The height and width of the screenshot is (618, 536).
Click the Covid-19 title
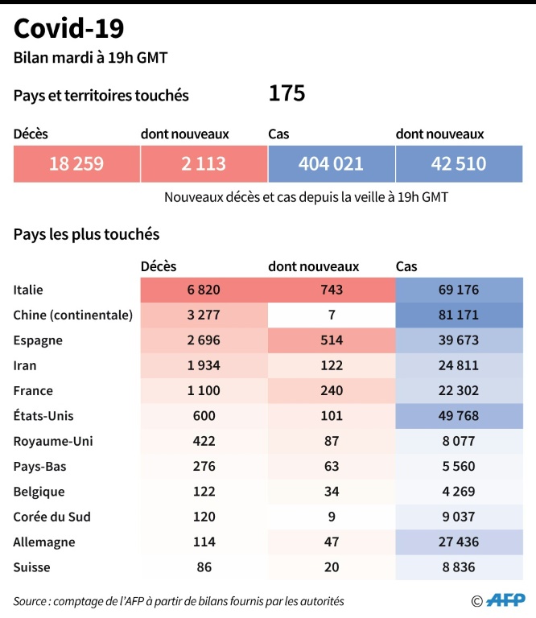coord(69,30)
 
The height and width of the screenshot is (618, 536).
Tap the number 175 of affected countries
coord(287,94)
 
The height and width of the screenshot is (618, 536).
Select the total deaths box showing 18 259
coord(76,164)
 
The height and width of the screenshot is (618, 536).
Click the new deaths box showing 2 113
coord(204,164)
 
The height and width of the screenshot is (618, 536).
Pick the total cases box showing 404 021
coord(331,164)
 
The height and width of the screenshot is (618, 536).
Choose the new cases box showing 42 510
coord(459,164)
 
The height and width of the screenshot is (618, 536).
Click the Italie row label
coord(29,290)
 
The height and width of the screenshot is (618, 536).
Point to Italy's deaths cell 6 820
coord(204,290)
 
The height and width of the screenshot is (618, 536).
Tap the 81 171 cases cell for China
coord(459,315)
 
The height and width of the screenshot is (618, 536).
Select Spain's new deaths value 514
coord(331,340)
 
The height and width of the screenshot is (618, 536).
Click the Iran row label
coord(25,365)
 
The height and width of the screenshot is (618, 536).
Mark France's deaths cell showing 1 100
coord(204,390)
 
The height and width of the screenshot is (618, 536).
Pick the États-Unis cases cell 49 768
coord(459,416)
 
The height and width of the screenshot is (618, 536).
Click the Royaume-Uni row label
coord(44,441)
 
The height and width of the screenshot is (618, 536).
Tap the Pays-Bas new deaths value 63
coord(331,466)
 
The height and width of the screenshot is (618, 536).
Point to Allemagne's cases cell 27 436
coord(459,542)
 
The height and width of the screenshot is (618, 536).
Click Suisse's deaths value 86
coord(204,567)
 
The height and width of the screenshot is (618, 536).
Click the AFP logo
coord(505,600)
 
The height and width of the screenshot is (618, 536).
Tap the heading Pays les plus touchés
coord(86,234)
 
